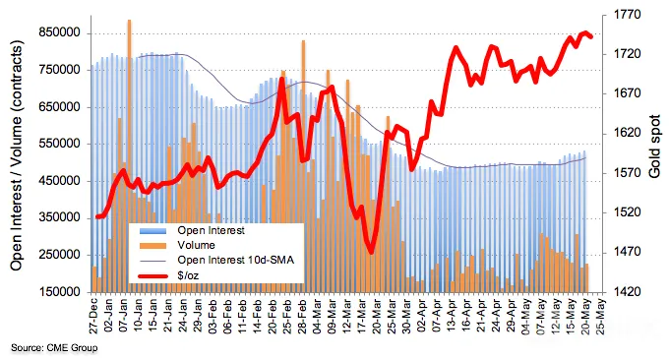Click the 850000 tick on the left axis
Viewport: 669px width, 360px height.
point(59,32)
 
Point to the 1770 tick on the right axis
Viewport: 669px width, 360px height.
point(628,16)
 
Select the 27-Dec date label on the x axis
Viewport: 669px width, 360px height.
point(93,316)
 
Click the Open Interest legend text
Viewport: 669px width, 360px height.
point(211,231)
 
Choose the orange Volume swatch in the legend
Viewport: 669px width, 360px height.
point(152,246)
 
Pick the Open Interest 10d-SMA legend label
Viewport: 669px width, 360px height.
point(235,261)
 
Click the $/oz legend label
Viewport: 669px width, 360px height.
point(188,275)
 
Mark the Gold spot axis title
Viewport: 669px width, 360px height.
point(654,147)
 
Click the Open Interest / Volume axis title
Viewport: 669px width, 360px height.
point(16,155)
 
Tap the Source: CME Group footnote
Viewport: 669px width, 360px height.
point(54,348)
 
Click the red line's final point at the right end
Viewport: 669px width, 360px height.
point(591,37)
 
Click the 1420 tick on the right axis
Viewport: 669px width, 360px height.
point(628,292)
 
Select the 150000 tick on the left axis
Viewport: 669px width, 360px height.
point(59,292)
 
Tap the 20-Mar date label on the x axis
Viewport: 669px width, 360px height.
point(376,316)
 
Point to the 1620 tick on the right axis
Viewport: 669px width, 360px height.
point(628,134)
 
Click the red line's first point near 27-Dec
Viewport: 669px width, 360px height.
point(97,216)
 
